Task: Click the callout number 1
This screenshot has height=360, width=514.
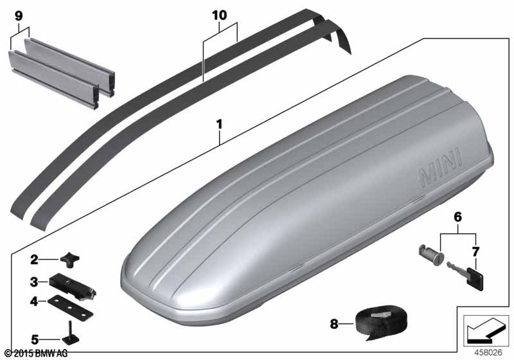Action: tap(219, 125)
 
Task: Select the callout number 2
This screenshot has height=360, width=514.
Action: tap(34, 260)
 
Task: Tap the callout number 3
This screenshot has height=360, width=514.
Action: tap(34, 282)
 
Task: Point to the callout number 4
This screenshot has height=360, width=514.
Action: tap(34, 301)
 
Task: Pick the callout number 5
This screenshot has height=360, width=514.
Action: tap(35, 339)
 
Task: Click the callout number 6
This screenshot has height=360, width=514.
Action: tap(457, 217)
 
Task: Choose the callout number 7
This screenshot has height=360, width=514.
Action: tap(475, 252)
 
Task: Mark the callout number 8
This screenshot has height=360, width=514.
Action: tap(333, 324)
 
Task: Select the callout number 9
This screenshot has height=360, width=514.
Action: tap(19, 16)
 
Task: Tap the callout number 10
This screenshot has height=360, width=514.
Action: tap(219, 15)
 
